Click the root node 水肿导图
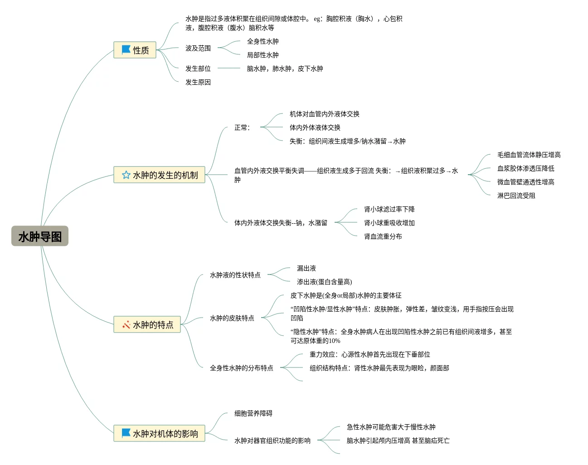40,236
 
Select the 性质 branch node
135,50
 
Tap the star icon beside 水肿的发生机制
126,175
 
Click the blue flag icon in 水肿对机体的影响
126,433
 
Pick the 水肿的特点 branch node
147,325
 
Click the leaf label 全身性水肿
262,41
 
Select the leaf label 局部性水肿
262,55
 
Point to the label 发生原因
198,82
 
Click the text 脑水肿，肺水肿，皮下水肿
285,69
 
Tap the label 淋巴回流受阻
516,196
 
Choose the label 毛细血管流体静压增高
529,155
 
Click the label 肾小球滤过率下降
389,209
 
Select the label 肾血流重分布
383,236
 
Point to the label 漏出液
306,268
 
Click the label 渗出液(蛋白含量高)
324,282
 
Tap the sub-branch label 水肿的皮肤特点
232,318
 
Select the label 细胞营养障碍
253,413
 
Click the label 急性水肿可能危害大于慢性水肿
391,427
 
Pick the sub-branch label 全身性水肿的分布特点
241,368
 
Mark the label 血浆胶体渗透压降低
525,168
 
